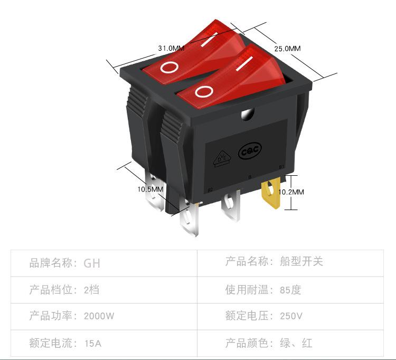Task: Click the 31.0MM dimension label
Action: [171, 48]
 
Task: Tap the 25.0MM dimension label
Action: [287, 49]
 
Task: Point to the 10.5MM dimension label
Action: [150, 190]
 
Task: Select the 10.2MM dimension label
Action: [291, 192]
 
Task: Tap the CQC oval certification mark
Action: [250, 151]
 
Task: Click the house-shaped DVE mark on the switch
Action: [222, 159]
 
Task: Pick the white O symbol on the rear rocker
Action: [169, 67]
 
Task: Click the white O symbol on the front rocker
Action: [204, 91]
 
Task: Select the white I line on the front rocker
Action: [244, 63]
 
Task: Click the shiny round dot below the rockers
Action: [248, 115]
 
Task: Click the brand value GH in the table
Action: [92, 263]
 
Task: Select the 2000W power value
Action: [99, 316]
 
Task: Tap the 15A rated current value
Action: [93, 343]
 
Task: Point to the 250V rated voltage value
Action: [291, 316]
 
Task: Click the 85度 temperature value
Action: [290, 290]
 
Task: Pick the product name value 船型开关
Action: [301, 261]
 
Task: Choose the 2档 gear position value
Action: [91, 290]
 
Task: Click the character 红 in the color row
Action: [307, 343]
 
